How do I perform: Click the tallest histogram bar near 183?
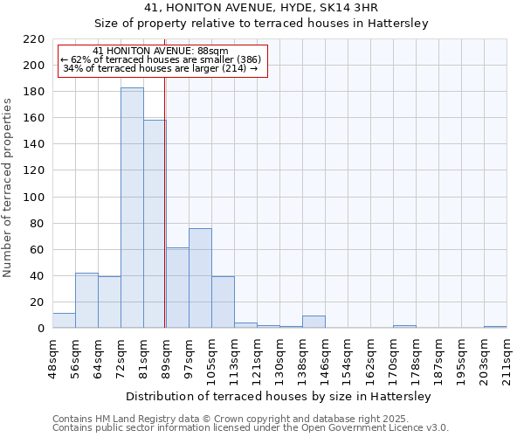(x=132, y=208)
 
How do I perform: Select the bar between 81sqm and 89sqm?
(x=155, y=224)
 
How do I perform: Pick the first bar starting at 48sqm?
(x=64, y=321)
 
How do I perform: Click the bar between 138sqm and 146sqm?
(x=314, y=322)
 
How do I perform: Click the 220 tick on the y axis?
(x=35, y=39)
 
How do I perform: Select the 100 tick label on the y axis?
(x=35, y=198)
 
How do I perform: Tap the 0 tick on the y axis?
(x=41, y=329)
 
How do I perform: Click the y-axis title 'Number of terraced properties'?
(x=9, y=187)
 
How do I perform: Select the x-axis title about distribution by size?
(x=279, y=397)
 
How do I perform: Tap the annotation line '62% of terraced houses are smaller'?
(x=161, y=59)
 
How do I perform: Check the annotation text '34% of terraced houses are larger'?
(x=161, y=68)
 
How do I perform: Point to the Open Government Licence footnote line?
(x=251, y=428)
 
